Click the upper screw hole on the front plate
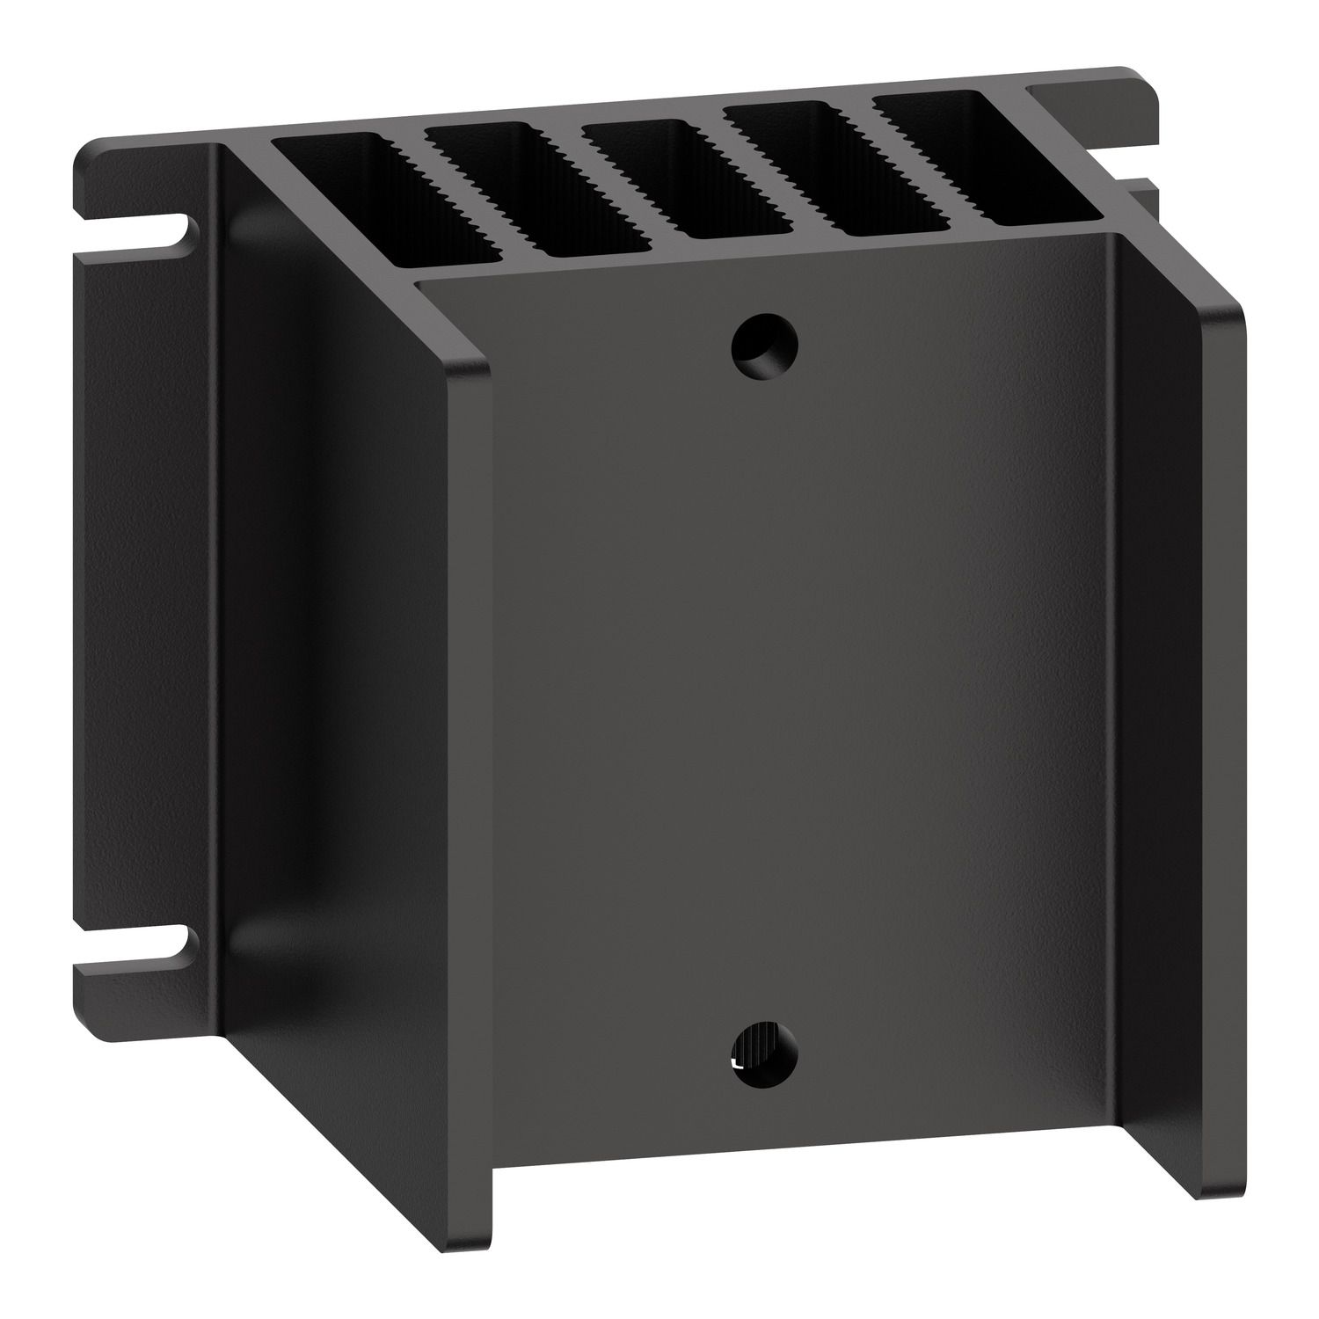click(x=764, y=346)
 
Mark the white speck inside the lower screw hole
click(x=737, y=1065)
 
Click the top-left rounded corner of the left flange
click(x=88, y=148)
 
